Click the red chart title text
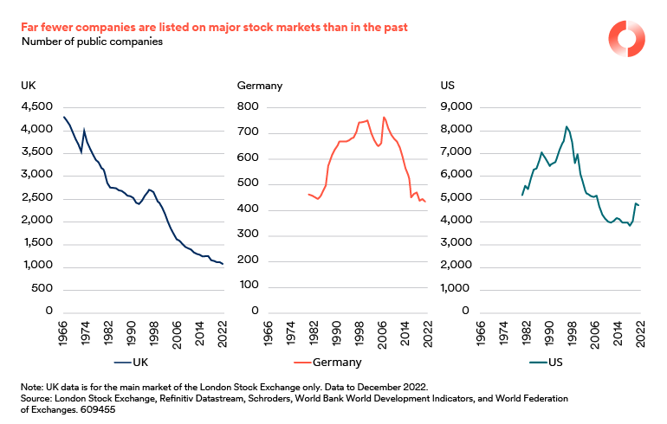215,28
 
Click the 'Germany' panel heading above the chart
260,86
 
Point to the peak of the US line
567,126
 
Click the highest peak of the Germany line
384,117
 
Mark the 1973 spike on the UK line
83,131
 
